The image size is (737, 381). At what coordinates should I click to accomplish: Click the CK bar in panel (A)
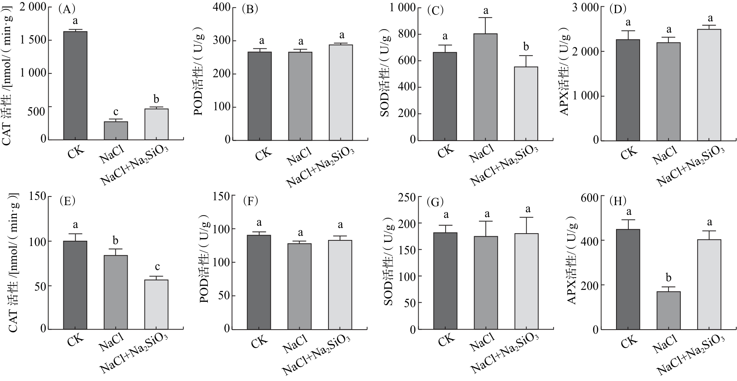tap(75, 85)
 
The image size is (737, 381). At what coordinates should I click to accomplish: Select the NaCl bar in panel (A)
tap(116, 130)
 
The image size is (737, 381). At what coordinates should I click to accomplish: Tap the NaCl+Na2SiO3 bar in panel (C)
tap(526, 103)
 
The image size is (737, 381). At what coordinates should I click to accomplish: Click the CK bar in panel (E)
tap(75, 285)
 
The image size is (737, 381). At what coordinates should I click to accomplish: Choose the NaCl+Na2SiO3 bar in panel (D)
tap(709, 85)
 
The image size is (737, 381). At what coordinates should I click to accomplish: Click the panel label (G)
tap(435, 202)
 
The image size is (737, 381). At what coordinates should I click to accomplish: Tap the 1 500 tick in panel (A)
tap(33, 40)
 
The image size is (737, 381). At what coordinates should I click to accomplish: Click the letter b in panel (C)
tap(526, 47)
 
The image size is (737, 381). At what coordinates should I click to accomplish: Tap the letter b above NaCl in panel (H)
tap(669, 278)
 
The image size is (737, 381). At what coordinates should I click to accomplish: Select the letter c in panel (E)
tap(157, 267)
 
